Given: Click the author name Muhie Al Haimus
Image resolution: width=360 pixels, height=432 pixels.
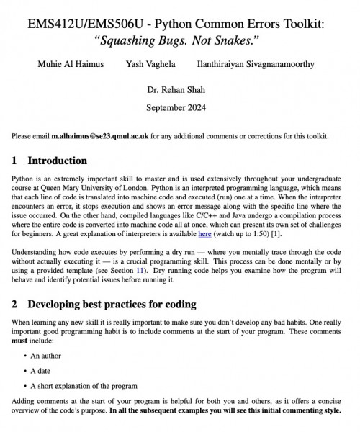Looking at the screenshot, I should click(x=71, y=64).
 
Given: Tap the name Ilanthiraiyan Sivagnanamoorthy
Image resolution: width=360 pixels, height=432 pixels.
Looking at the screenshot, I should click(x=255, y=64).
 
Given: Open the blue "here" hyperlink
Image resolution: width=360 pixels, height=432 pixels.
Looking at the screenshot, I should click(x=204, y=234).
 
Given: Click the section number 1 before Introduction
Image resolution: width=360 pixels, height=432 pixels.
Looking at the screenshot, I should click(x=15, y=161).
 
